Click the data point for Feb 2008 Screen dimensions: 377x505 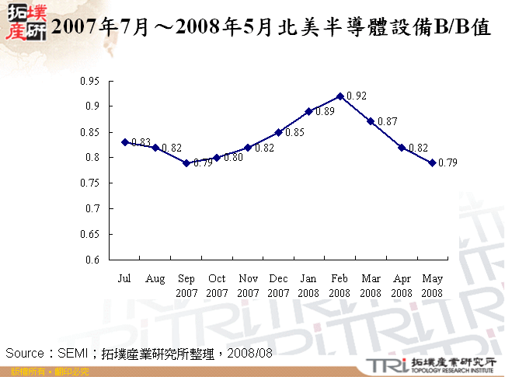coord(340,96)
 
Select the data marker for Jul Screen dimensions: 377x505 coord(124,142)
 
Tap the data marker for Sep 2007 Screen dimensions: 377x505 coord(186,162)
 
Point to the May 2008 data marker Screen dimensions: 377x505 coord(433,162)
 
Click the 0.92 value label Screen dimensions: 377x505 coord(357,96)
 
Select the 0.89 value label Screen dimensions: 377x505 coord(326,112)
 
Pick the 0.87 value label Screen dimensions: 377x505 coord(388,121)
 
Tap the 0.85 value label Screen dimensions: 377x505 coord(294,133)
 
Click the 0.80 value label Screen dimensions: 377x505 coord(233,158)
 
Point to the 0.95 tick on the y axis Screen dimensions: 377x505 coord(92,81)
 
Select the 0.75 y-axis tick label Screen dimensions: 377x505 coord(92,183)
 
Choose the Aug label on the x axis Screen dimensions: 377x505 coord(155,278)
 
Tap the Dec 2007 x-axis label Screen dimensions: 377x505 coord(278,285)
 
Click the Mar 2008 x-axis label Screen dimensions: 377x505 coord(371,285)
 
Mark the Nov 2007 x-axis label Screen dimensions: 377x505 coord(248,285)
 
